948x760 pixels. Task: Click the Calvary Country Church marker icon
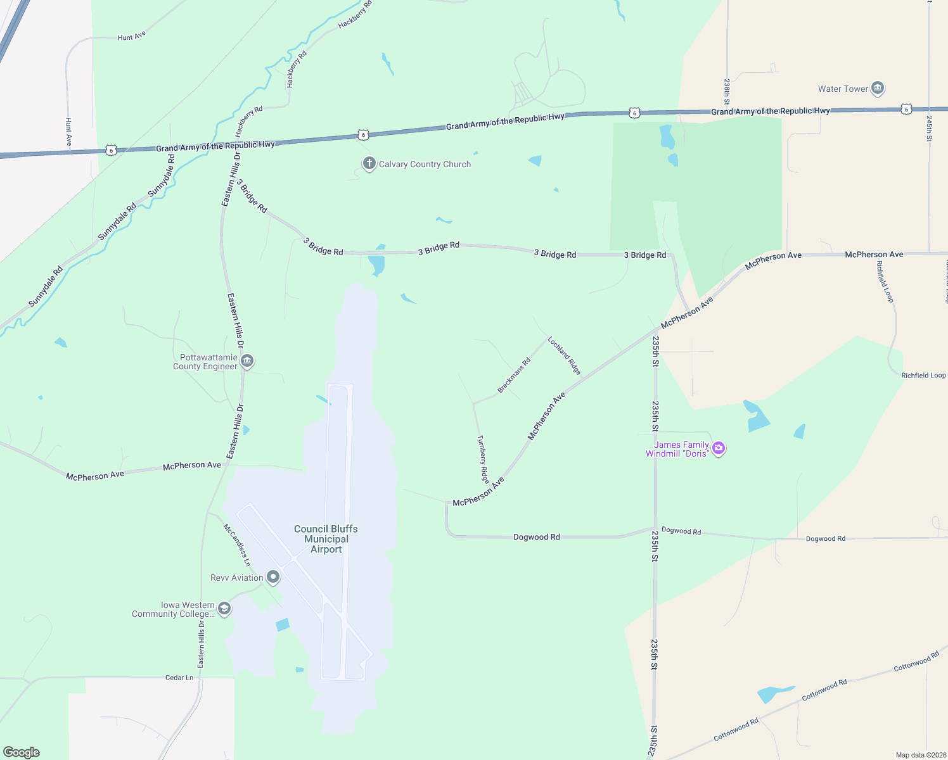tap(369, 164)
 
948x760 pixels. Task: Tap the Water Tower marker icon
tap(878, 88)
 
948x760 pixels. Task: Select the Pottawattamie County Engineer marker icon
tap(247, 362)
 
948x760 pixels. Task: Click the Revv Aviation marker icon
tap(273, 577)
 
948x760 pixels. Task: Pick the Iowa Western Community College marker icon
tap(224, 609)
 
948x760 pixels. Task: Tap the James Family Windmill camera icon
tap(718, 448)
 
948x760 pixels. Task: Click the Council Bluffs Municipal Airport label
tap(326, 539)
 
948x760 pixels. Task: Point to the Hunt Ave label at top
tap(132, 37)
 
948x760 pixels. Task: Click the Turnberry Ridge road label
tap(483, 459)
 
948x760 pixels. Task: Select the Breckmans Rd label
tap(514, 376)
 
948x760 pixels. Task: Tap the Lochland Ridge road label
tap(565, 355)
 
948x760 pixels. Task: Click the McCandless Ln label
tap(237, 545)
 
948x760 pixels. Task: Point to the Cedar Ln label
tap(179, 678)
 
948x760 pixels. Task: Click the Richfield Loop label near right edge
tap(923, 376)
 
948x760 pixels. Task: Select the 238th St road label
tap(727, 92)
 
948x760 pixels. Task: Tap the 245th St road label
tap(929, 128)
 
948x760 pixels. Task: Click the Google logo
tap(22, 752)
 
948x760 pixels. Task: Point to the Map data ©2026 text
tap(920, 755)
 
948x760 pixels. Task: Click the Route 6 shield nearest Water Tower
tap(907, 109)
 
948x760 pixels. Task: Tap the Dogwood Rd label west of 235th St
tap(536, 537)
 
